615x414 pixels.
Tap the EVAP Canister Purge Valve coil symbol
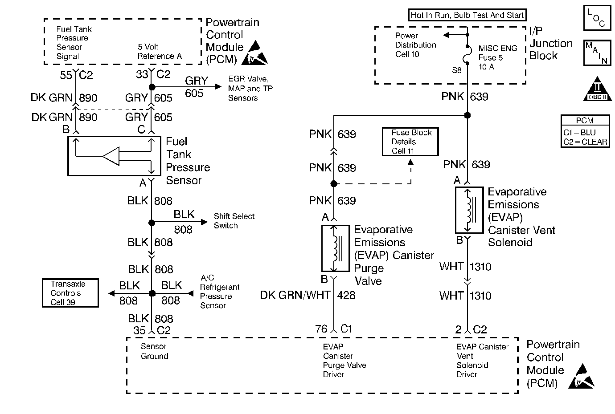336,248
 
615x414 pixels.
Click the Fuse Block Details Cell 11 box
410,142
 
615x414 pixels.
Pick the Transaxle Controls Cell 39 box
70,293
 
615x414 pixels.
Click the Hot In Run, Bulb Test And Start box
467,15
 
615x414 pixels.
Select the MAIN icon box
596,53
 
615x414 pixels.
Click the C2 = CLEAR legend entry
585,142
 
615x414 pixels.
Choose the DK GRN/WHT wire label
295,295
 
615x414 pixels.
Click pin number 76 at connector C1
321,329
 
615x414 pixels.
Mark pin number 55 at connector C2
66,75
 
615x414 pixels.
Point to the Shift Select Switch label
234,221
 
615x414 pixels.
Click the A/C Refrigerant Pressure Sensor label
219,292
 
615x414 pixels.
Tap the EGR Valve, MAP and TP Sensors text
250,89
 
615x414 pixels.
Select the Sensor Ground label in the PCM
154,351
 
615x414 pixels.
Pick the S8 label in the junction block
457,70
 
